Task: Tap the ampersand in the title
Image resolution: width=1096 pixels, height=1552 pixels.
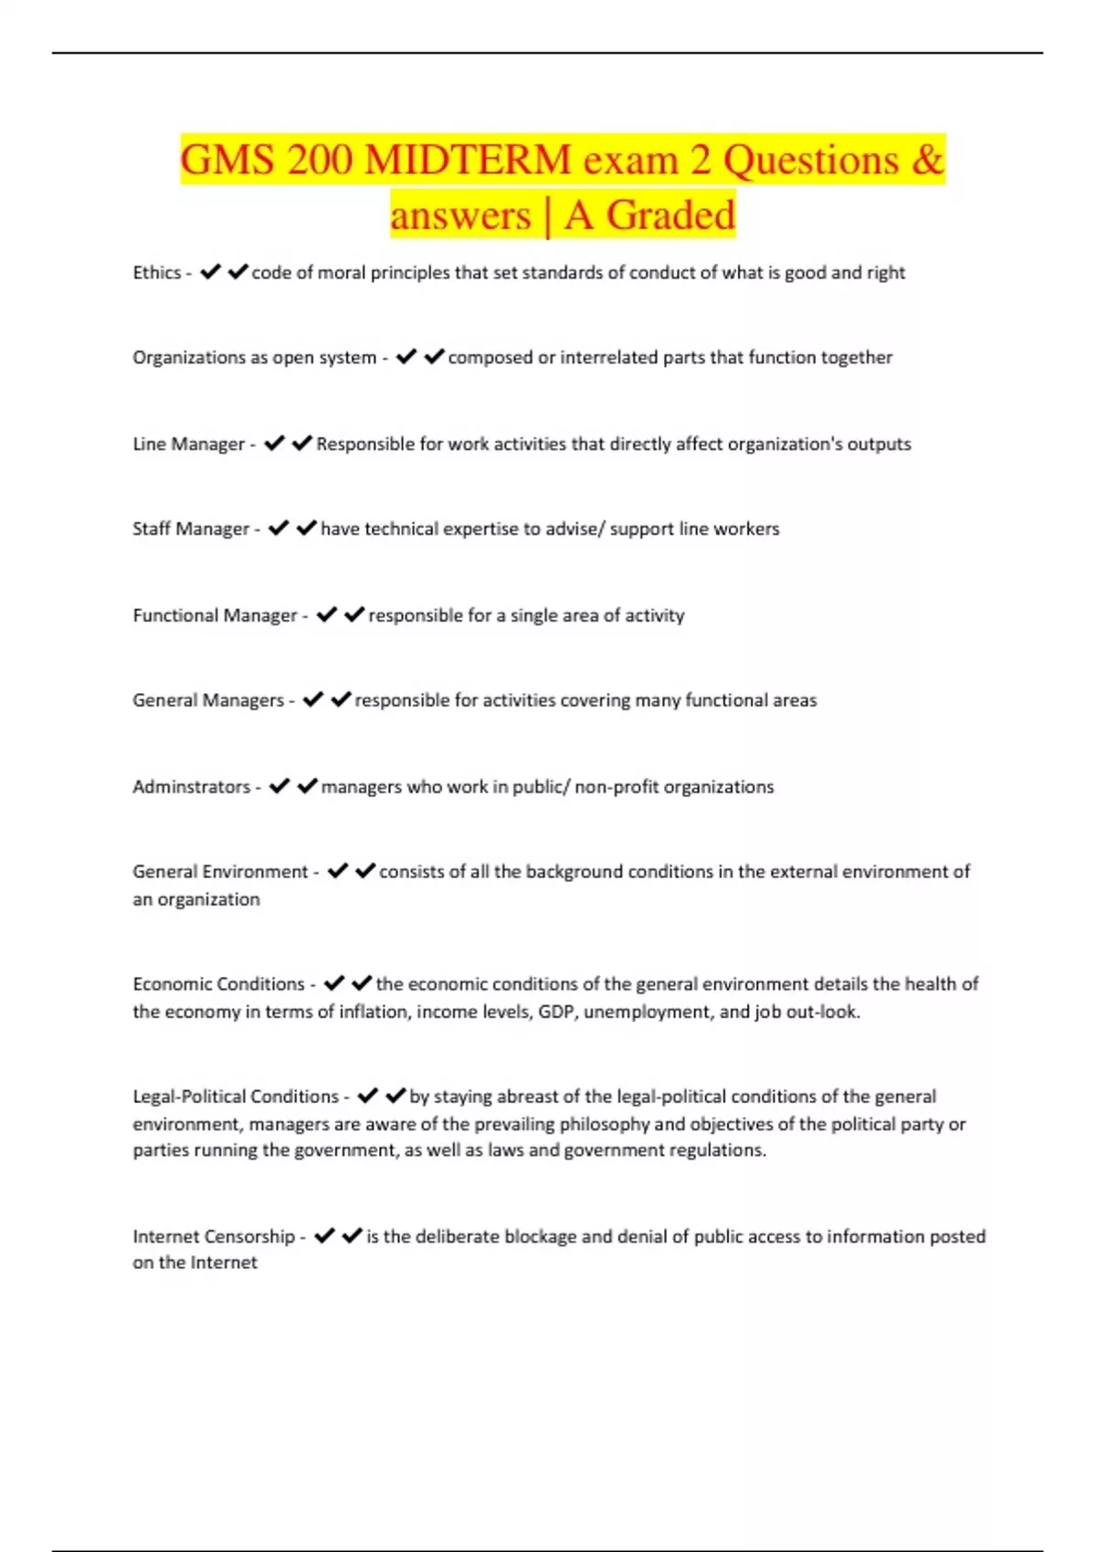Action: [927, 160]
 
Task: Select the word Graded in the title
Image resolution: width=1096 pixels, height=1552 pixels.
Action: [670, 215]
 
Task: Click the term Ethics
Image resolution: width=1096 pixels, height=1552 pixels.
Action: [157, 272]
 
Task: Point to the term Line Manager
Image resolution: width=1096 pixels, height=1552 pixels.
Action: [189, 444]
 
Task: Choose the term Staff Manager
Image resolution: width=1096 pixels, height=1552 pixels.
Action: [191, 529]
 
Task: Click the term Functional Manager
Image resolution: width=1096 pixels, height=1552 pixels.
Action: [215, 615]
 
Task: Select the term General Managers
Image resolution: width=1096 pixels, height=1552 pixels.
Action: [208, 700]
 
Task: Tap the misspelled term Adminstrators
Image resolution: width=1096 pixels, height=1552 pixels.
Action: [191, 787]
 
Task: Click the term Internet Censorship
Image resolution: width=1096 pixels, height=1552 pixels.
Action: [214, 1236]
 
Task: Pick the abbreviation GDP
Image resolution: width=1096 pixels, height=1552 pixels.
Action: [556, 1012]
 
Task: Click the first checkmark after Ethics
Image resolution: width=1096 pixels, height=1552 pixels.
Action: [210, 272]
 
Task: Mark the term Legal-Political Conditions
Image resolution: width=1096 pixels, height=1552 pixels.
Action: [236, 1096]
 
